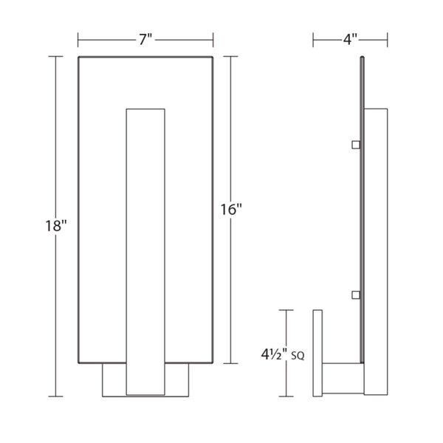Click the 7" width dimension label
click(145, 39)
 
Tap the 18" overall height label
click(56, 226)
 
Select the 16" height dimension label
click(231, 210)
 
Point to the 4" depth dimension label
click(350, 39)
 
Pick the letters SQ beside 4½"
click(298, 357)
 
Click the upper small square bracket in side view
click(356, 145)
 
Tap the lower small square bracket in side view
click(356, 295)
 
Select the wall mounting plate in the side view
click(317, 353)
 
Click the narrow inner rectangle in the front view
click(145, 252)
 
